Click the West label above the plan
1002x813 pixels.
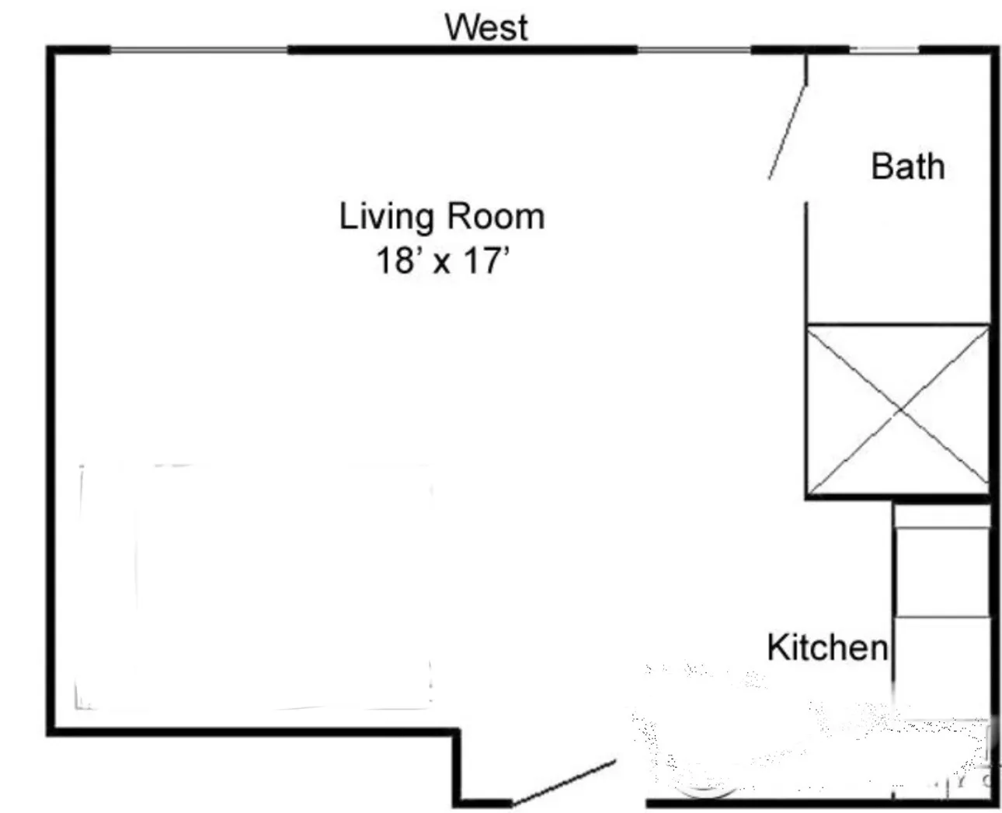point(486,27)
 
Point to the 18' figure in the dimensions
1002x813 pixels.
point(396,260)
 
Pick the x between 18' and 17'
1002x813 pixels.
point(441,263)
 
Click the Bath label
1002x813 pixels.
point(907,166)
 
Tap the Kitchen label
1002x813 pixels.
point(826,647)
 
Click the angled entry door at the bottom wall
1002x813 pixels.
point(565,782)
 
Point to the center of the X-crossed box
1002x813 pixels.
point(899,410)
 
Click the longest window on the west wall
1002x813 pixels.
point(199,51)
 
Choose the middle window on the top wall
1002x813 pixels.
point(694,51)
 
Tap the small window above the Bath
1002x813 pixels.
point(884,51)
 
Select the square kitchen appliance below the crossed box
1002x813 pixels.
point(941,573)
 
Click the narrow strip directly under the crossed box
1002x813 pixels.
point(941,516)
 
